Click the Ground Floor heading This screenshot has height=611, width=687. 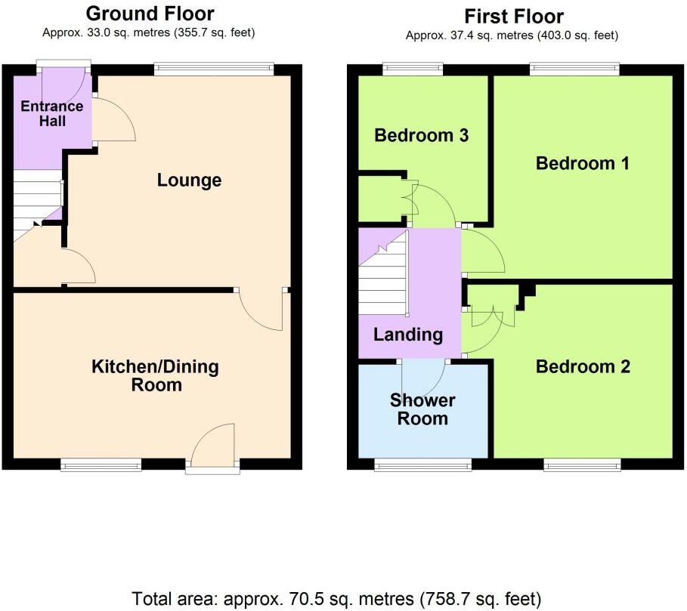click(150, 14)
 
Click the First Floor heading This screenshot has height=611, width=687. click(514, 16)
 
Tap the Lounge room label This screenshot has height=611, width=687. click(189, 180)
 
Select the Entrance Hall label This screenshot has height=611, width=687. click(43, 113)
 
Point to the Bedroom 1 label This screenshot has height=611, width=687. click(582, 163)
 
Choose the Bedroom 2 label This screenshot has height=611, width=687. click(582, 367)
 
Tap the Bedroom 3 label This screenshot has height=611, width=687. click(422, 136)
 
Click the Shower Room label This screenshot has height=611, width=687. click(422, 409)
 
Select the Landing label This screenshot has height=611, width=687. click(408, 335)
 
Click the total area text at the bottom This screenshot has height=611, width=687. click(337, 600)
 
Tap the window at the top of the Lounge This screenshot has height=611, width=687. click(214, 68)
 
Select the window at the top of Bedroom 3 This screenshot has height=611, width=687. click(413, 69)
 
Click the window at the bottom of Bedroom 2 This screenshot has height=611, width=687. click(582, 464)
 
